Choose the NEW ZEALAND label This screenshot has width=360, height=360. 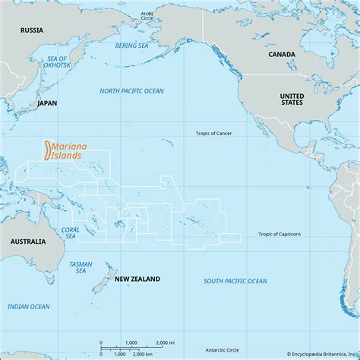(137, 279)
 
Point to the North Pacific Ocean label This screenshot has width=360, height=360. (131, 91)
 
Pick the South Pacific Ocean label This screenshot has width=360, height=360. (235, 281)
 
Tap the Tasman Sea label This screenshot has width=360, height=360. (81, 267)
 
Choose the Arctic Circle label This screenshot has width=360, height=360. (147, 15)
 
